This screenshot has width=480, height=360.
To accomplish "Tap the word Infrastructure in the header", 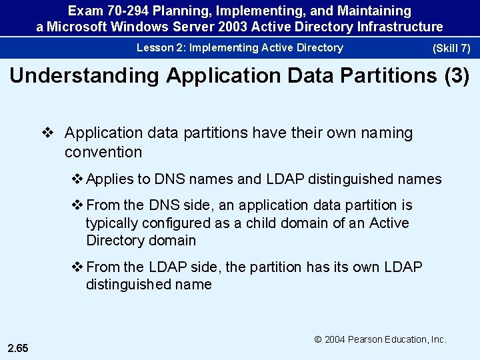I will [400, 27].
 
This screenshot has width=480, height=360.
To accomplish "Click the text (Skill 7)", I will [451, 49].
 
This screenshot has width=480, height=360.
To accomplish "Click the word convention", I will [103, 152].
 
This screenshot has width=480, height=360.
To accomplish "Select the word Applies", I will [109, 179].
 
